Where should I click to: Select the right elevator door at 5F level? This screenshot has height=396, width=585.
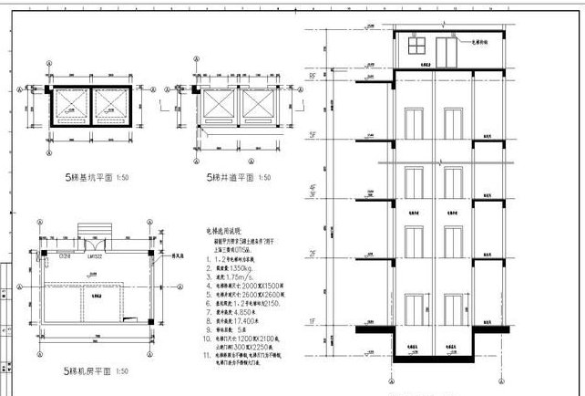point(448,122)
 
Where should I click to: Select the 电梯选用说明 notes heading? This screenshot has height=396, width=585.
point(222,233)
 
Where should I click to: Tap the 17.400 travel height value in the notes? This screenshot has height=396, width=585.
point(239,322)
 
